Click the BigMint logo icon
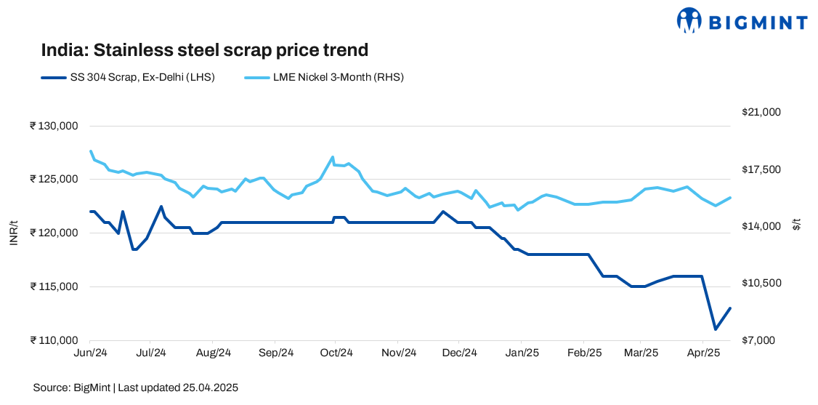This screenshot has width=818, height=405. tap(689, 20)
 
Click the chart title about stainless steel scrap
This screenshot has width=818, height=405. tap(205, 50)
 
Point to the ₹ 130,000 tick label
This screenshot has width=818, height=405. tap(54, 126)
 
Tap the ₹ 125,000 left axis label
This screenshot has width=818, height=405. tap(54, 180)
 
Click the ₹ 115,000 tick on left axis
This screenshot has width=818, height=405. tap(54, 286)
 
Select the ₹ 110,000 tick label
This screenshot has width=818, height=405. tap(54, 340)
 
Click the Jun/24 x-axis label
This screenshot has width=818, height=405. tap(90, 353)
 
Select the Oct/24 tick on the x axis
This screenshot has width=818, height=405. tap(336, 353)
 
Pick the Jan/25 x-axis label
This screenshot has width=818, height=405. tap(521, 353)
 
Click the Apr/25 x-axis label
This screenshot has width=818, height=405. tap(703, 353)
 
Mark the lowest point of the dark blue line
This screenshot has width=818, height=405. tap(716, 329)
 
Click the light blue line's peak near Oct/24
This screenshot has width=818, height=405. tap(333, 157)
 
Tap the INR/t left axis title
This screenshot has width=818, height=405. tap(14, 233)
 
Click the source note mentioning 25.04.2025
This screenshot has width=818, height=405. tap(136, 388)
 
